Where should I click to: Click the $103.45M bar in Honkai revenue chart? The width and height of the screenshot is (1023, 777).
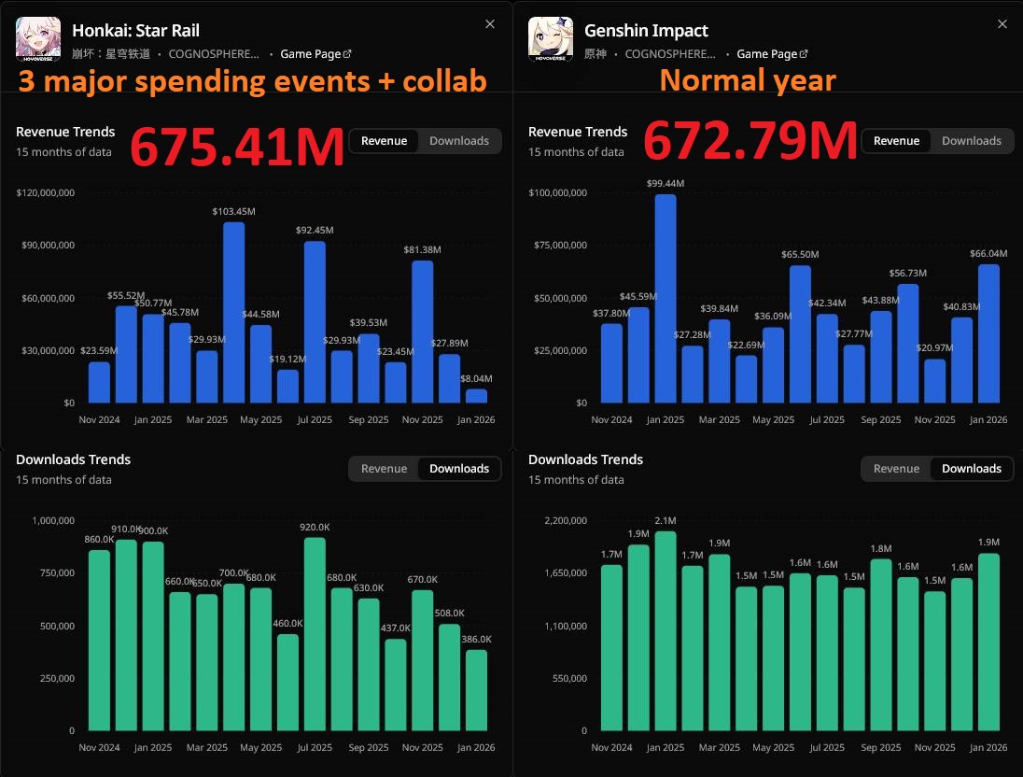[x=233, y=312]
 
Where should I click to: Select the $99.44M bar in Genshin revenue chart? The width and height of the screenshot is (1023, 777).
[x=666, y=298]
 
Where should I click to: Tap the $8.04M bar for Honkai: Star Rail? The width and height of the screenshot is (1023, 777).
[x=476, y=396]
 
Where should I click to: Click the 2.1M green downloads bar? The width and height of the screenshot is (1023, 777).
[x=666, y=630]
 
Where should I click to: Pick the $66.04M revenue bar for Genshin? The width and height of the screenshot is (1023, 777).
[x=988, y=333]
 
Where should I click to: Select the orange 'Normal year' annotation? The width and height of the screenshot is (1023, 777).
[x=747, y=80]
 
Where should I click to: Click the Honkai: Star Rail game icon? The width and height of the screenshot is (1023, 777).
[x=38, y=39]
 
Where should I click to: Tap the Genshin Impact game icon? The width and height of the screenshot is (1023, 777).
[x=551, y=39]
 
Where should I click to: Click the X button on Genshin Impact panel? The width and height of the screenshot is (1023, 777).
[x=1002, y=24]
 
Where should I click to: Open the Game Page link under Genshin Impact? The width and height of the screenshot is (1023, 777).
[x=772, y=54]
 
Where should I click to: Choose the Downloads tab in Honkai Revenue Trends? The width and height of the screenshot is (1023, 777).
[x=459, y=141]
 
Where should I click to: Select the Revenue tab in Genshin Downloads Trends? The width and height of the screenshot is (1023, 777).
[x=896, y=469]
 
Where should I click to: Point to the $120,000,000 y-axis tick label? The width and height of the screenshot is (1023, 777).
[x=46, y=193]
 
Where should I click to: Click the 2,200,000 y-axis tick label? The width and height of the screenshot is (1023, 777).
[x=558, y=521]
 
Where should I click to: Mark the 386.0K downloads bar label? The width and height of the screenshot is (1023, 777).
[x=476, y=639]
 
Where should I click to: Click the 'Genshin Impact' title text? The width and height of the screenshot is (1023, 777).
[x=646, y=31]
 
